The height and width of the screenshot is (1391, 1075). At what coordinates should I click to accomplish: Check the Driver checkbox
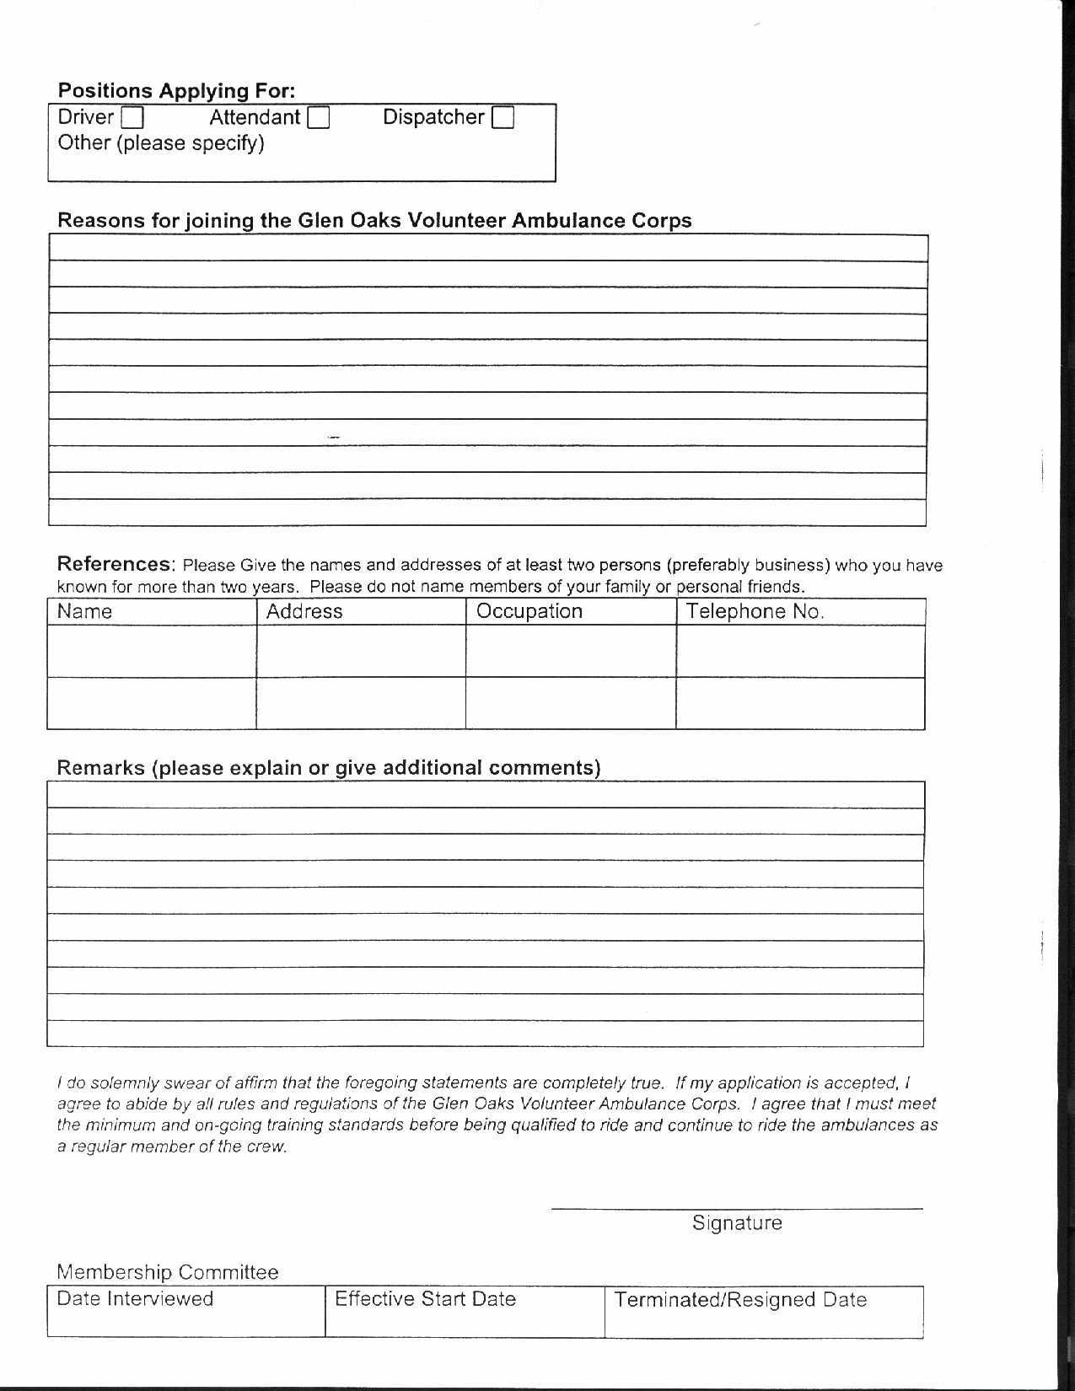click(x=132, y=117)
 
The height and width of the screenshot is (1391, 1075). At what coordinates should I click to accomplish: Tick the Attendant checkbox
click(x=319, y=117)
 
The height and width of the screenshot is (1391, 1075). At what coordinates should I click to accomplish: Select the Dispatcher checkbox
click(x=503, y=117)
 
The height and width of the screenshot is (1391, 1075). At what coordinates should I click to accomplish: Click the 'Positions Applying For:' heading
click(x=176, y=90)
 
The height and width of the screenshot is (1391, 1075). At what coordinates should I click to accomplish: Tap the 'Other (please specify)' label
click(x=160, y=143)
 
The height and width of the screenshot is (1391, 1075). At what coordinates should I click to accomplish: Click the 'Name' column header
click(x=84, y=611)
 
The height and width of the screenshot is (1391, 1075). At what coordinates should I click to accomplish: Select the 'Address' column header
click(x=304, y=611)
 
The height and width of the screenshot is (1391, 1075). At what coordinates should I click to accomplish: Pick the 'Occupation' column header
click(x=529, y=611)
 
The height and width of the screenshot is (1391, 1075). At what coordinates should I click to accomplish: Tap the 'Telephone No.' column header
click(x=755, y=611)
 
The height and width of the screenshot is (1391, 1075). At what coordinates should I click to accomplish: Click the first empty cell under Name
click(x=152, y=651)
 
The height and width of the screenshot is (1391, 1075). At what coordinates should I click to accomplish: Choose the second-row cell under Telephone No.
click(x=800, y=703)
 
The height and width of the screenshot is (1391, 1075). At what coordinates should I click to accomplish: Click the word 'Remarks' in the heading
click(x=100, y=768)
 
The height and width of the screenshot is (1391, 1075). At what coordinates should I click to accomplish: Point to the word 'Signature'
click(x=737, y=1222)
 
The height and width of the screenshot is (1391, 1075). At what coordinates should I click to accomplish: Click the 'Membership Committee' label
click(x=167, y=1271)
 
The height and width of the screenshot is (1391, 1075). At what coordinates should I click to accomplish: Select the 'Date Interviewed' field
click(x=185, y=1311)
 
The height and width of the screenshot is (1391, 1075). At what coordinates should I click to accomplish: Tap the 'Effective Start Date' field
click(x=465, y=1311)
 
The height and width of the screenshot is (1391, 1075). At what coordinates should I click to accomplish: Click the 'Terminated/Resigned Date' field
click(x=764, y=1312)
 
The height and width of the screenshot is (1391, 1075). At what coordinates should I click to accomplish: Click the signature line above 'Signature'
click(x=737, y=1207)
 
